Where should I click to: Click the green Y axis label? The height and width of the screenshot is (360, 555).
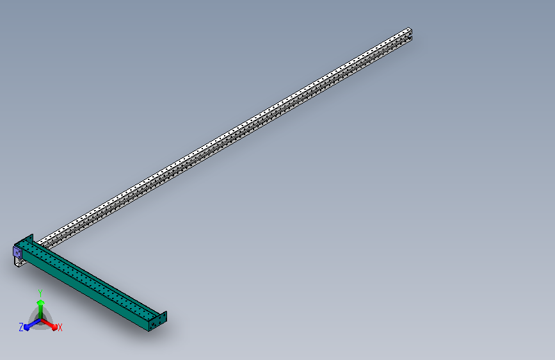[x=40, y=293]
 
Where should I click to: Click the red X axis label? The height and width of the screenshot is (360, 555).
[x=60, y=327]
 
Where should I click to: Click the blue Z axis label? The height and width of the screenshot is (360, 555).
[x=21, y=327]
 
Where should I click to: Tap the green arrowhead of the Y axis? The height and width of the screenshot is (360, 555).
[x=40, y=303]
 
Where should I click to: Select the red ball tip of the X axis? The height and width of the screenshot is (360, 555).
[x=54, y=327]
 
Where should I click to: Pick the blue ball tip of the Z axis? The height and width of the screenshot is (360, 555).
[x=27, y=328]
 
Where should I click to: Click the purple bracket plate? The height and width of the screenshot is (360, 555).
[x=17, y=252]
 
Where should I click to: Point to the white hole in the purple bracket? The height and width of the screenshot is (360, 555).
[x=17, y=252]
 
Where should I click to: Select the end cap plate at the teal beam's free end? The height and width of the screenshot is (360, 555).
[x=157, y=322]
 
